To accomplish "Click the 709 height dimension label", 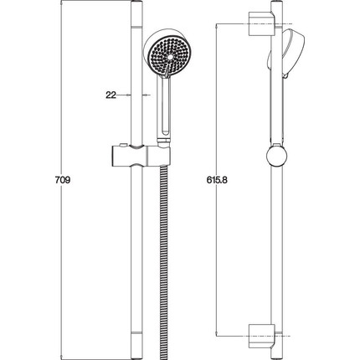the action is pyautogui.click(x=63, y=180).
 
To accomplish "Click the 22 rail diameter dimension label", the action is pyautogui.click(x=111, y=95).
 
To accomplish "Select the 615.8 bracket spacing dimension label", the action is pyautogui.click(x=217, y=180).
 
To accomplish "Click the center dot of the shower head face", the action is pyautogui.click(x=170, y=57).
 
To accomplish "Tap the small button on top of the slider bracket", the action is pyautogui.click(x=122, y=145).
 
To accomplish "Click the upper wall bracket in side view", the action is pyautogui.click(x=262, y=23).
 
